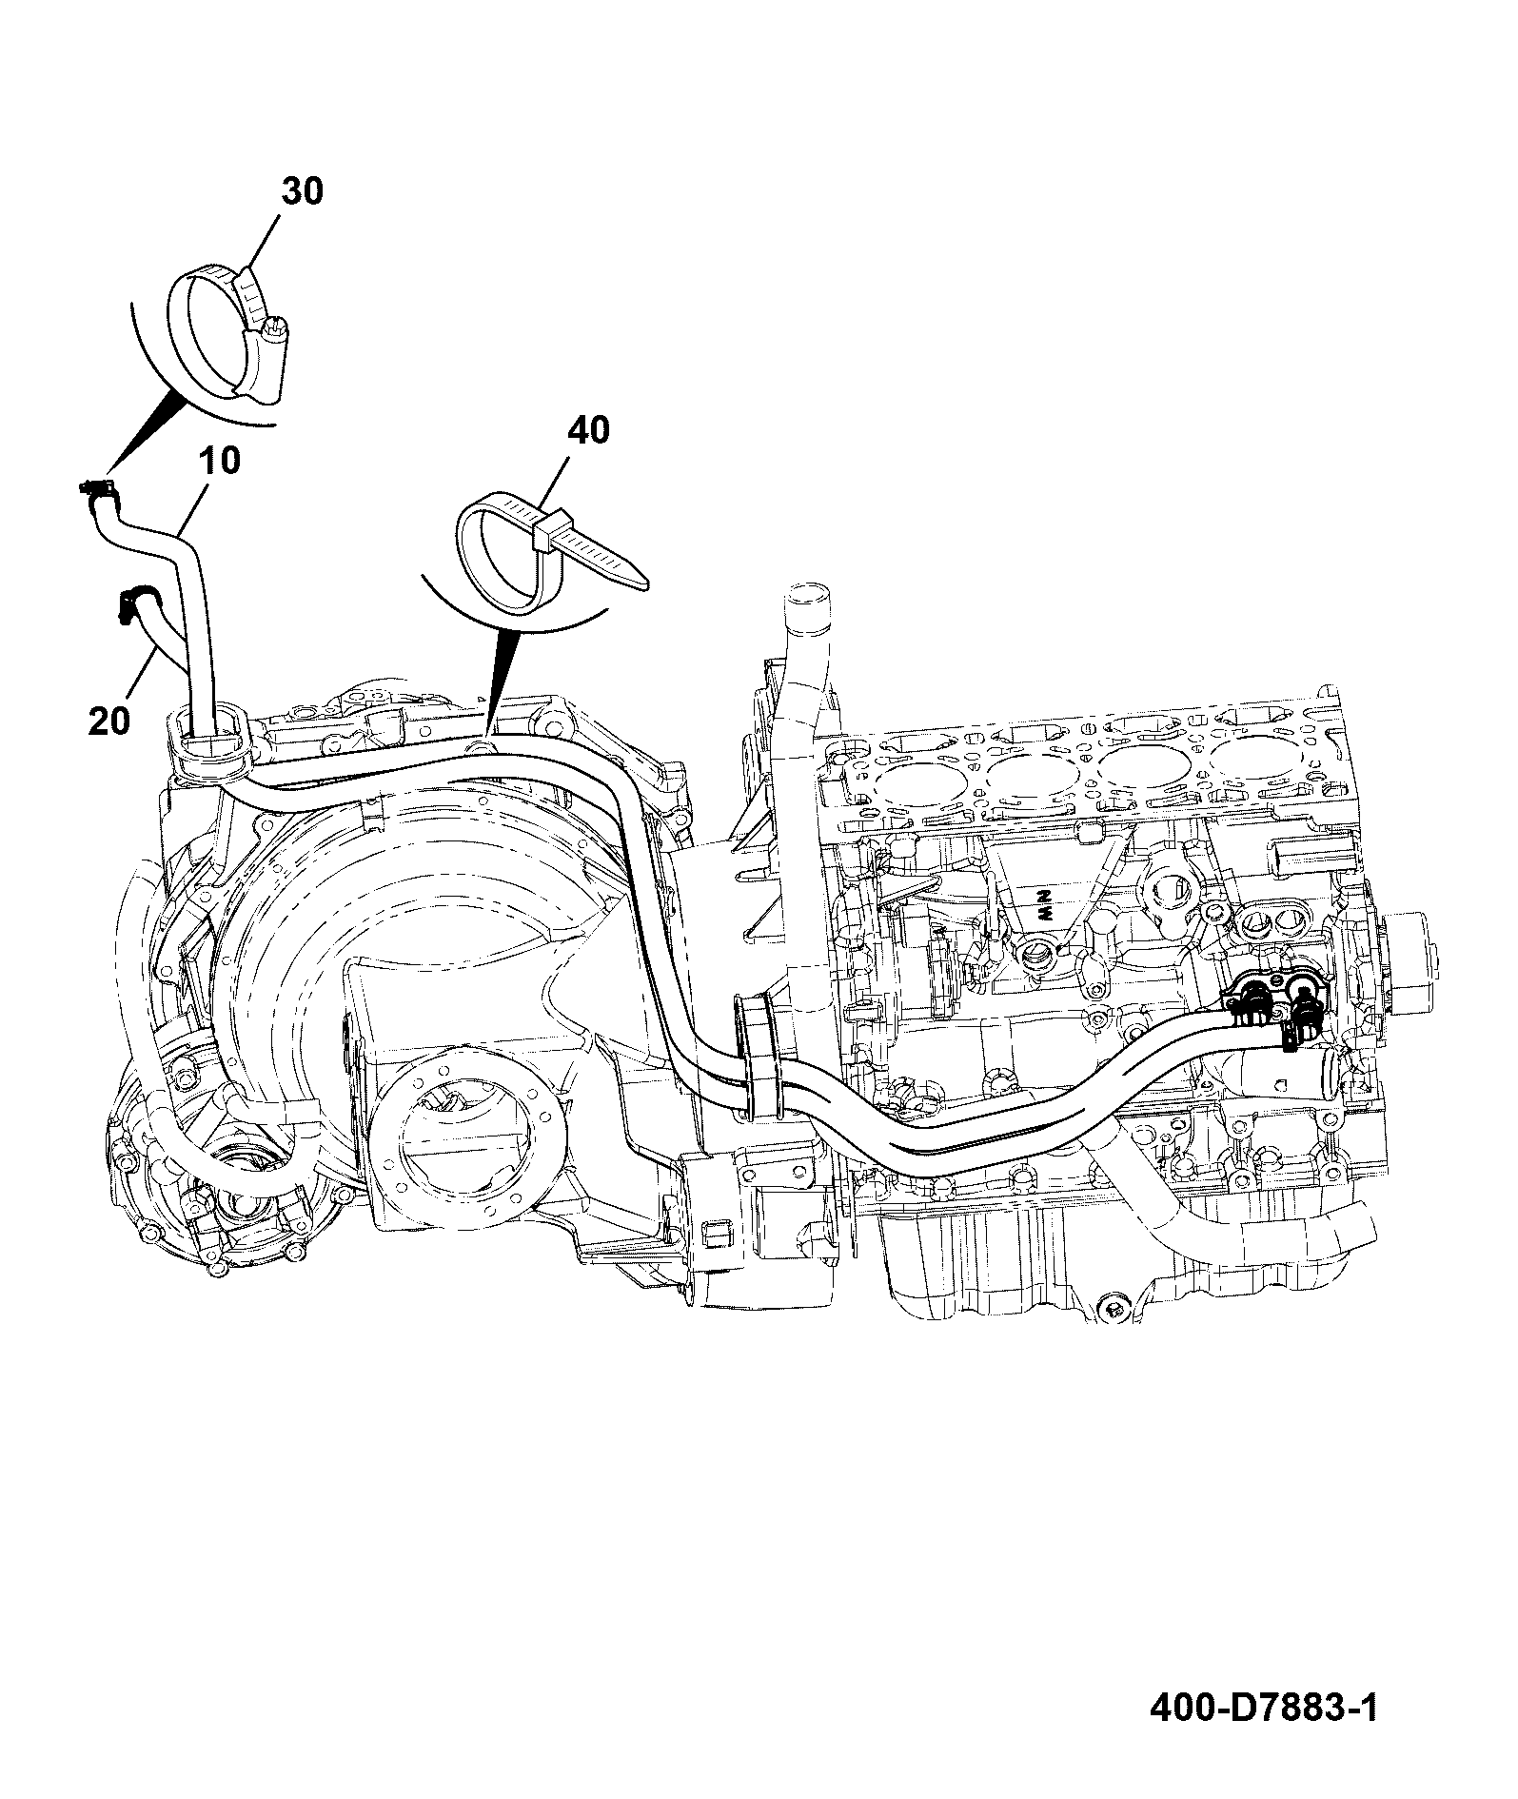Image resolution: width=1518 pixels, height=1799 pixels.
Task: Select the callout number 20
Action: (x=108, y=721)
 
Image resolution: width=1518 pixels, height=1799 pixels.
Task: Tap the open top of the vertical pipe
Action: (x=805, y=598)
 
